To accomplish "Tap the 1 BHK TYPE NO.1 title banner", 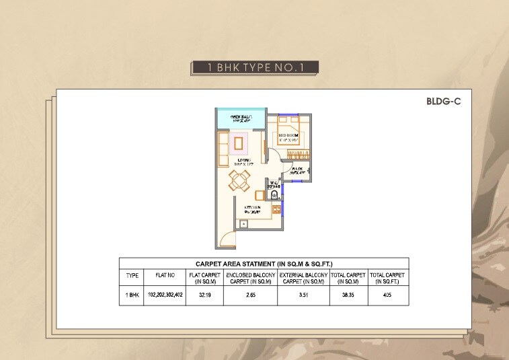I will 254,67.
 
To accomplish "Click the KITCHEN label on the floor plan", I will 243,209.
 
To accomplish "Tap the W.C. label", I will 274,184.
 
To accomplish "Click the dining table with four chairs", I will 239,180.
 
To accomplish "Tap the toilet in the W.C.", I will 273,194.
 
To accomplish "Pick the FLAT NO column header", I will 165,275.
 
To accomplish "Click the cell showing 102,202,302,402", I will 165,295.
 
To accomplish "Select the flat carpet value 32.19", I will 204,295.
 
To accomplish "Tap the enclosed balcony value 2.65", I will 250,295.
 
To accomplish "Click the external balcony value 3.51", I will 303,295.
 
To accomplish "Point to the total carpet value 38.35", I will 348,295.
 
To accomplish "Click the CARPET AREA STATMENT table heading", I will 264,264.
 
